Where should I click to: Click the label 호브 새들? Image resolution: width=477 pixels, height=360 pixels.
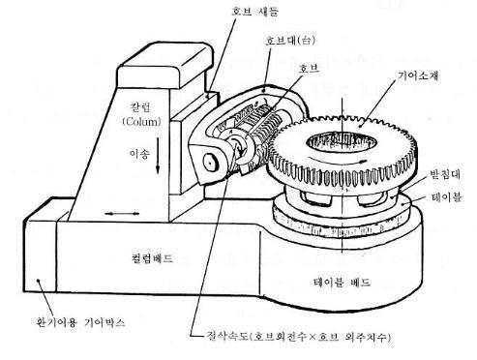click(x=254, y=12)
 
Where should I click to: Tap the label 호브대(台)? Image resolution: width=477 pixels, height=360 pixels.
click(x=290, y=41)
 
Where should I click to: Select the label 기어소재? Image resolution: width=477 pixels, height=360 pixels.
click(x=418, y=75)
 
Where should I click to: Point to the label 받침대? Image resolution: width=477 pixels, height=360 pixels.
click(x=445, y=174)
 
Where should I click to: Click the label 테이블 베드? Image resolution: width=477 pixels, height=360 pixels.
click(x=342, y=283)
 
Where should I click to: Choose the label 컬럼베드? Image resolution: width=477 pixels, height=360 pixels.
click(x=153, y=258)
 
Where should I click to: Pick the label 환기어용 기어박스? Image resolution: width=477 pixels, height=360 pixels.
click(x=80, y=322)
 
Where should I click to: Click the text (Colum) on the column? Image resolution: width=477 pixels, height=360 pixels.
click(x=141, y=121)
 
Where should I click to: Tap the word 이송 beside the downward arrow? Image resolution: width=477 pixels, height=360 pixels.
click(x=139, y=154)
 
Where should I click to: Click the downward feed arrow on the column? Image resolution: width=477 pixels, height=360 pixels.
click(x=158, y=156)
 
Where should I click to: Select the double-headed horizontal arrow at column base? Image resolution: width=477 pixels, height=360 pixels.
click(x=122, y=214)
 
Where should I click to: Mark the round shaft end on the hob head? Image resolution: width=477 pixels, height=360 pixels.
click(x=210, y=164)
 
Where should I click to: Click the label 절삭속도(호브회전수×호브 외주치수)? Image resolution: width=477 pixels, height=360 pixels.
click(x=298, y=337)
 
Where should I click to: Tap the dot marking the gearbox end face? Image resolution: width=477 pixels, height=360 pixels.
click(x=39, y=281)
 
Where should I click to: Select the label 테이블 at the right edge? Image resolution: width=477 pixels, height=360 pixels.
click(x=446, y=196)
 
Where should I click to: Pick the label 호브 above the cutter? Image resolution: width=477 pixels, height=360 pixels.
click(x=309, y=68)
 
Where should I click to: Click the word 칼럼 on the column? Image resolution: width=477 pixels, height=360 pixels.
click(x=140, y=106)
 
